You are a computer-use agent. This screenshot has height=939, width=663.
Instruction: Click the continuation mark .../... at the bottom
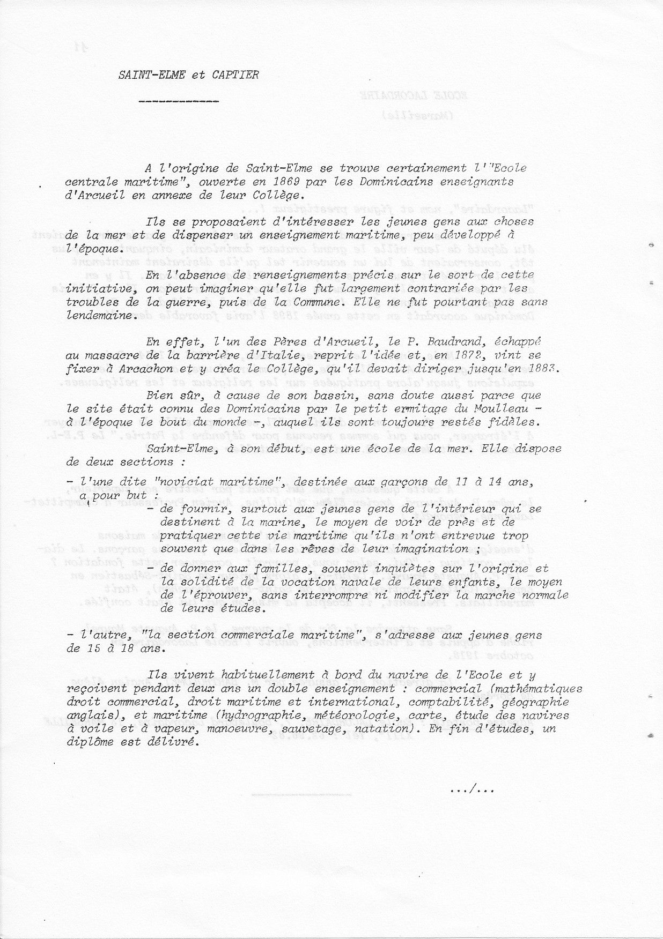point(473,789)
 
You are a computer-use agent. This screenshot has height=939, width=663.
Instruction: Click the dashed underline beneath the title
point(179,101)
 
